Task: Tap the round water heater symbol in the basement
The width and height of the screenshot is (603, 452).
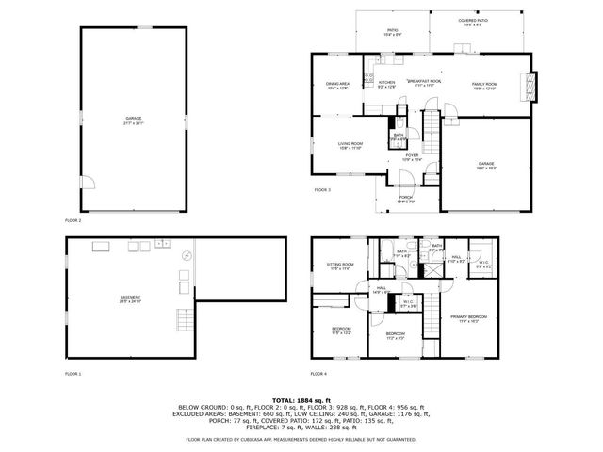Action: click(187, 255)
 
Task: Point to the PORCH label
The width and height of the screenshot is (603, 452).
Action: click(406, 198)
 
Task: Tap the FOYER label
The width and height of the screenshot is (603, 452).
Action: click(412, 156)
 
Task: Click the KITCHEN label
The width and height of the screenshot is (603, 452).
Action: click(386, 84)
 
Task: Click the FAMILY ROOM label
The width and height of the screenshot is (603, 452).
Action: click(484, 85)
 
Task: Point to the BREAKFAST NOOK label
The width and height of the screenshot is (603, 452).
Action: click(426, 82)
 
